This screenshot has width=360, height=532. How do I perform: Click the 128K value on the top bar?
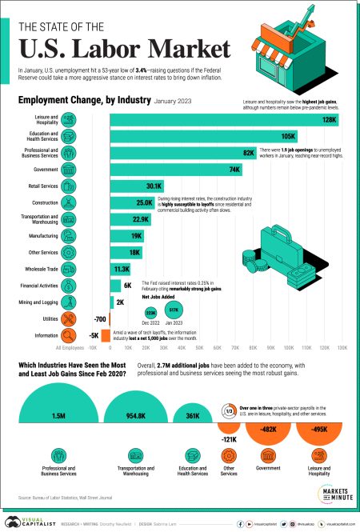click(x=329, y=119)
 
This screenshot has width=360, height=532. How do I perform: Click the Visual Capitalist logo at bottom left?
click(x=30, y=518)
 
